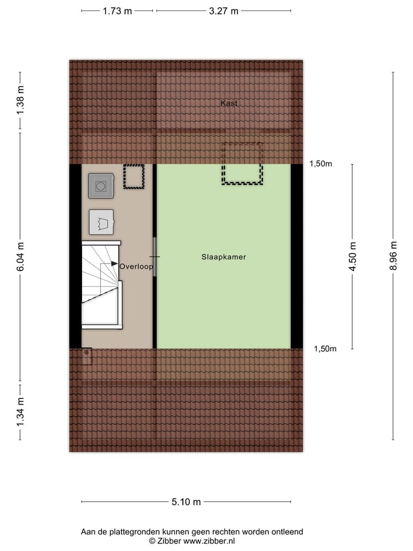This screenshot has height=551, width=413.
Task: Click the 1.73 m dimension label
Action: click(x=117, y=10)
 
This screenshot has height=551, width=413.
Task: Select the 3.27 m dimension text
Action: click(x=223, y=10)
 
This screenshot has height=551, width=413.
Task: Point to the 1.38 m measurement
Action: click(x=21, y=100)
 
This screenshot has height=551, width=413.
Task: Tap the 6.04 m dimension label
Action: click(x=21, y=257)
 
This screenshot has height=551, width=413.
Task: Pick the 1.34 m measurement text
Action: click(x=21, y=411)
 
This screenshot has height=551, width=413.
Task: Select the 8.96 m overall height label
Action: click(x=393, y=257)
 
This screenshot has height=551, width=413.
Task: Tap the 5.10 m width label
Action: click(x=186, y=502)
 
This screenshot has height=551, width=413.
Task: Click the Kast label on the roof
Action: click(x=229, y=103)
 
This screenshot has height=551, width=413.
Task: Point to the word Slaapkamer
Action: click(x=223, y=257)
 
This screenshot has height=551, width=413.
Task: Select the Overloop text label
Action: click(x=136, y=266)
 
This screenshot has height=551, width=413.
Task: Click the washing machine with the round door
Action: click(x=101, y=186)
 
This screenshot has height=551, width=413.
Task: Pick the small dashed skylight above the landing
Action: click(x=134, y=177)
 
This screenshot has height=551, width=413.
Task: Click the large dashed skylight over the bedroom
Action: click(x=243, y=164)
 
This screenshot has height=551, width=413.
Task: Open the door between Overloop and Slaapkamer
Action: click(x=154, y=257)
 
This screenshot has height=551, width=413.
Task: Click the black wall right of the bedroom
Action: click(x=297, y=256)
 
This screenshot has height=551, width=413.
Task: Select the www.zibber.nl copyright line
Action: click(x=192, y=541)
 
